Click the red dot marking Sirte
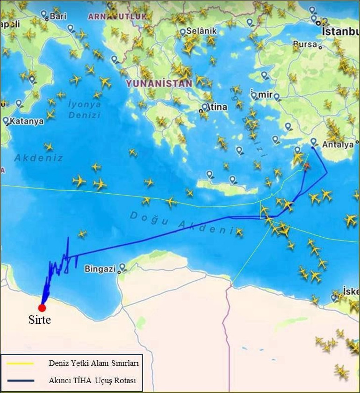click(x=42, y=307)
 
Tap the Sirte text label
click(x=39, y=320)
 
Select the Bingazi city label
click(x=100, y=269)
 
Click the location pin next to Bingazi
click(x=122, y=267)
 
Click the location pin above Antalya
click(x=314, y=141)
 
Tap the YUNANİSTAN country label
click(x=159, y=83)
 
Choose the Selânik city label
click(x=202, y=31)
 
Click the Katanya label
click(x=27, y=121)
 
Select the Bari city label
click(x=58, y=16)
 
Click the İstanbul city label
click(x=340, y=31)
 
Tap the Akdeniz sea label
click(x=38, y=158)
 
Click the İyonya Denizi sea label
click(x=85, y=109)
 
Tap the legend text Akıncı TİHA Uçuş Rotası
click(x=92, y=381)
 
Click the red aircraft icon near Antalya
click(x=306, y=166)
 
